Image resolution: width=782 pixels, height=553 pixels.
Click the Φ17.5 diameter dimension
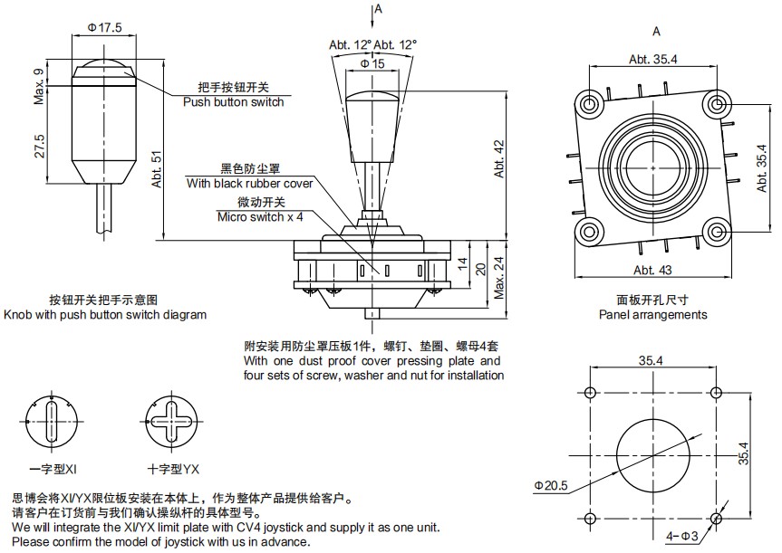coord(104,27)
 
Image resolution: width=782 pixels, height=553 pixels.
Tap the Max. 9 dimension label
coord(40,86)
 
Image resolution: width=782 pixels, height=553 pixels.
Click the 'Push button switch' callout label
coord(233,102)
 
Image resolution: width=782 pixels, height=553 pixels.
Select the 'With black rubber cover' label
coord(250,183)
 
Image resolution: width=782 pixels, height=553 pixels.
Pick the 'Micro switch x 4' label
coord(260,216)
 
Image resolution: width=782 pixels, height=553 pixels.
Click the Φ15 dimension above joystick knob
coord(372,63)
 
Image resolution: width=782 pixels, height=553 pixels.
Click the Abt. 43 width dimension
coord(652,270)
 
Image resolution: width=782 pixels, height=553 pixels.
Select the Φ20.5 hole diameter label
coord(551,486)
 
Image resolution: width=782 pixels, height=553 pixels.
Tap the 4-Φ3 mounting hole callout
coord(681,536)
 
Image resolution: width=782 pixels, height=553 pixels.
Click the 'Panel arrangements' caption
coord(652,315)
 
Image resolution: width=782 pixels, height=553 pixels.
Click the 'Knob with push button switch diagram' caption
coord(105,315)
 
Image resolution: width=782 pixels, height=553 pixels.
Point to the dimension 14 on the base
coord(463,264)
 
